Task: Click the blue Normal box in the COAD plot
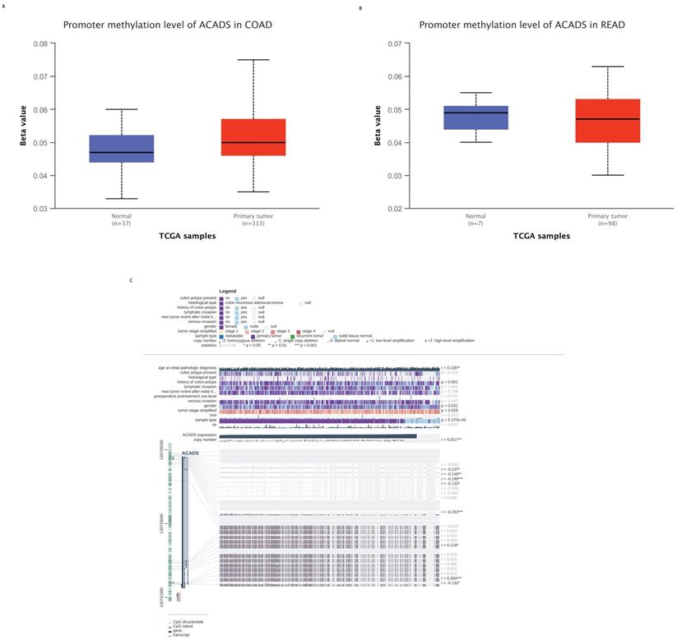tap(121, 149)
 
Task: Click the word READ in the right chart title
tap(610, 25)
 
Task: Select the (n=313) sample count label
tap(259, 223)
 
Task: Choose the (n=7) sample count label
tap(475, 223)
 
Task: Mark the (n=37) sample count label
tap(121, 223)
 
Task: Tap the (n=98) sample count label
tap(607, 223)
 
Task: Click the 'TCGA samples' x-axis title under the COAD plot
tap(188, 237)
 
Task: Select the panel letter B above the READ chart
tap(360, 7)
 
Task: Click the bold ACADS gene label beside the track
tap(190, 452)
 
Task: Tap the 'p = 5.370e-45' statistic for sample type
tap(454, 420)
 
